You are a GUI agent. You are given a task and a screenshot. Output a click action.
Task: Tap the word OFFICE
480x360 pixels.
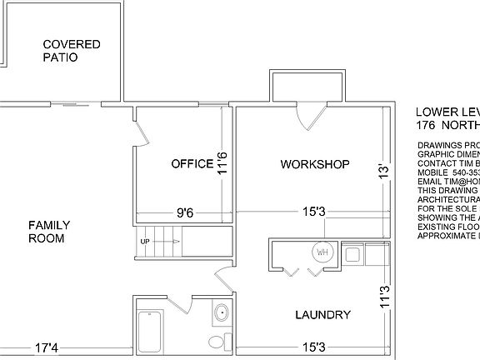pyautogui.click(x=192, y=163)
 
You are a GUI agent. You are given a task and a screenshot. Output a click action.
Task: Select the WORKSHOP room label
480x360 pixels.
pyautogui.click(x=314, y=164)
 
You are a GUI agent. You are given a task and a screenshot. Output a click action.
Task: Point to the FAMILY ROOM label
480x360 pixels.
pyautogui.click(x=49, y=232)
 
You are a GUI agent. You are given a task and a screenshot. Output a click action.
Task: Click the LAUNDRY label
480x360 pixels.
pyautogui.click(x=322, y=314)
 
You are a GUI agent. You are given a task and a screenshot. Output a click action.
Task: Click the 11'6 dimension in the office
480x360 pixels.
pyautogui.click(x=222, y=162)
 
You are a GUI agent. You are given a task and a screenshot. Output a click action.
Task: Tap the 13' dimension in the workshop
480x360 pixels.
pyautogui.click(x=383, y=171)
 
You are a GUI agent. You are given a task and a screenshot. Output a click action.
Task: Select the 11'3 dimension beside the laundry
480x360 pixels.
pyautogui.click(x=383, y=299)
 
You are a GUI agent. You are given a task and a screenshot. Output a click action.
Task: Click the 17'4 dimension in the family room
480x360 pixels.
pyautogui.click(x=46, y=347)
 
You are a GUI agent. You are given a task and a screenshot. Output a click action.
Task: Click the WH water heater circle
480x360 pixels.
pyautogui.click(x=321, y=252)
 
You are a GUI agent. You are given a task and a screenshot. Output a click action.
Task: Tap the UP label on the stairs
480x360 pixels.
pyautogui.click(x=145, y=242)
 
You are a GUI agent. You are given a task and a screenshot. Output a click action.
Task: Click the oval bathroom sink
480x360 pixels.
pyautogui.click(x=222, y=314)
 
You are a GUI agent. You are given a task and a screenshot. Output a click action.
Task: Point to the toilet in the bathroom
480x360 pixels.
pyautogui.click(x=218, y=341)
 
